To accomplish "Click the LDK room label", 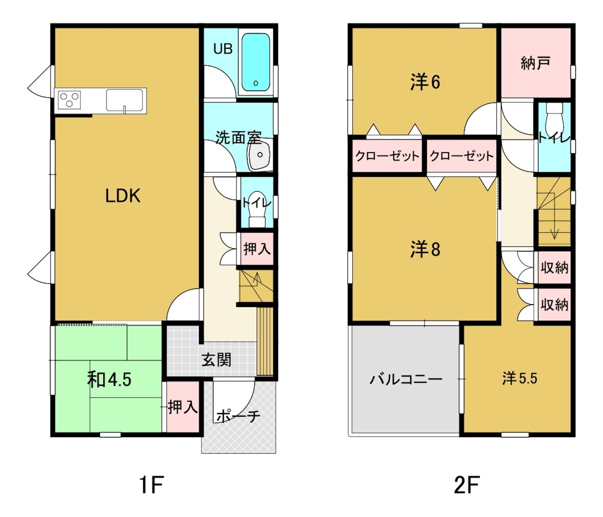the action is tap(123, 196).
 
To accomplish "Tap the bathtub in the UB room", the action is tap(256, 62).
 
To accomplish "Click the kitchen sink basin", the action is tap(125, 100).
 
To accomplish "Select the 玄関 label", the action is tap(216, 360).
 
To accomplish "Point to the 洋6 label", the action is tap(425, 82).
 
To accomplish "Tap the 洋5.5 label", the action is tap(520, 379).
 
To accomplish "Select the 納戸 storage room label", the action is tap(536, 63).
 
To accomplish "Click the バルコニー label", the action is tap(406, 379).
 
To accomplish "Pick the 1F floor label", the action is tap(151, 485).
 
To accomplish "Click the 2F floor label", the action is tap(467, 485).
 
